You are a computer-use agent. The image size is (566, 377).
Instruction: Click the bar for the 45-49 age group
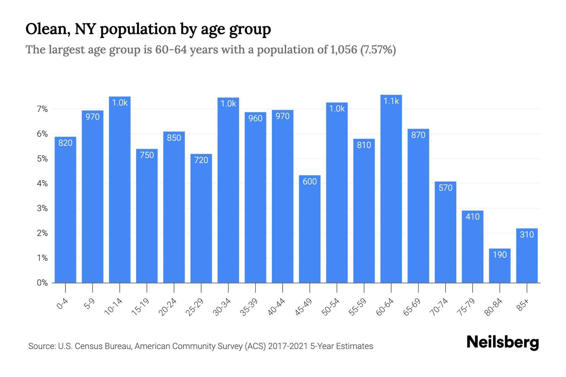(310, 229)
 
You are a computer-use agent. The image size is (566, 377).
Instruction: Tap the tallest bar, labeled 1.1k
(391, 188)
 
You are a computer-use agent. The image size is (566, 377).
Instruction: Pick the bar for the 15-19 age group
(147, 217)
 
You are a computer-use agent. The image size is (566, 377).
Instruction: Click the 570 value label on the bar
(445, 188)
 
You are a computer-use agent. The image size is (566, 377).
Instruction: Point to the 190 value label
(500, 254)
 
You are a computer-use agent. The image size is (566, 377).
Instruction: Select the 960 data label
(255, 118)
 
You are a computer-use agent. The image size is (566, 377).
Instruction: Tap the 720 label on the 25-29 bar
(201, 160)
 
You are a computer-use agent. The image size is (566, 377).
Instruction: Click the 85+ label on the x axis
(523, 305)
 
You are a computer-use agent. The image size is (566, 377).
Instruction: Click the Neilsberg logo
(502, 342)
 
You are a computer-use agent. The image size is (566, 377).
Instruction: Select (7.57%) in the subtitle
(378, 50)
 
